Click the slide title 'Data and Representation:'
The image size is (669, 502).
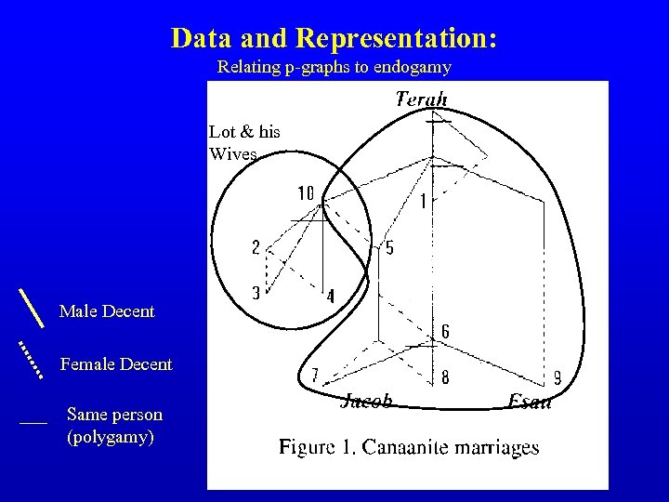[334, 38]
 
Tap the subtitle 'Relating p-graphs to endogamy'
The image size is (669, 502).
[334, 67]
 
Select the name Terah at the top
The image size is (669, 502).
[422, 99]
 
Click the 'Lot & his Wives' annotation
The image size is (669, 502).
[244, 142]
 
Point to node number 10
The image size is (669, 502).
[306, 193]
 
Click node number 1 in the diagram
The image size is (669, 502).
[424, 201]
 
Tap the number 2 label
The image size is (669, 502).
[256, 247]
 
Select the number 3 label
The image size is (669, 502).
[256, 292]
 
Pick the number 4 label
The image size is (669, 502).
[330, 297]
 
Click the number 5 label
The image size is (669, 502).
[389, 247]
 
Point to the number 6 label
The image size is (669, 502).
[445, 332]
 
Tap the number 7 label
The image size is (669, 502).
[315, 376]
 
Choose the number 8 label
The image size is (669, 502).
[445, 377]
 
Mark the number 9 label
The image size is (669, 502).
[557, 377]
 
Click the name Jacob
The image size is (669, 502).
[367, 402]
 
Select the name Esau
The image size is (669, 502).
[530, 402]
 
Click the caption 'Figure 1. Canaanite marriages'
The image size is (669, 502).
[409, 447]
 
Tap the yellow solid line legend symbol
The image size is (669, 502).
[32, 307]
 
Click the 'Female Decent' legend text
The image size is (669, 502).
[116, 364]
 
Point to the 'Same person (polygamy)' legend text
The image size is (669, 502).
[114, 425]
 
